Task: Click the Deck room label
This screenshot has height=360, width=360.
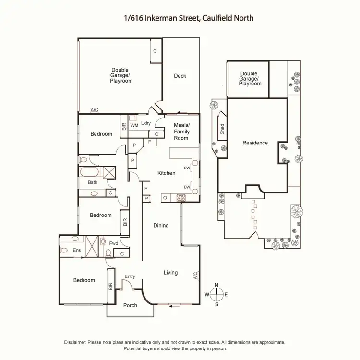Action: [x=180, y=76]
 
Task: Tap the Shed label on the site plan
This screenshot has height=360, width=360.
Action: [x=222, y=128]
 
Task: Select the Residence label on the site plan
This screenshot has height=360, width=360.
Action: [x=255, y=143]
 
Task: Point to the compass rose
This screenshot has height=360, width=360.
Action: [x=216, y=294]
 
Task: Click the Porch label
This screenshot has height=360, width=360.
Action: [x=130, y=305]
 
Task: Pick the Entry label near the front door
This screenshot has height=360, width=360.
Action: [x=130, y=276]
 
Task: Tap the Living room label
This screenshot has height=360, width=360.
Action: [x=170, y=273]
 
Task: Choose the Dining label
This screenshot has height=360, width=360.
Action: [x=161, y=225]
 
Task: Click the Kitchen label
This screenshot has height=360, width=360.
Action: [x=167, y=173]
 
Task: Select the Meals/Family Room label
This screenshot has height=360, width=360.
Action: [x=181, y=132]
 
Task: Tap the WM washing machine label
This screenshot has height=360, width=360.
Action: [x=134, y=125]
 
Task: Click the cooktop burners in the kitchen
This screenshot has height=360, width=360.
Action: [x=181, y=197]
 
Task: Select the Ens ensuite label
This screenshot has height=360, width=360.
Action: [x=76, y=250]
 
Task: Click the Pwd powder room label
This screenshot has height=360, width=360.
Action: [x=114, y=243]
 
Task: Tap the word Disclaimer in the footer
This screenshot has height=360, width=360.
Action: [x=75, y=342]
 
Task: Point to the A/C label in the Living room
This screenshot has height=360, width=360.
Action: [x=195, y=276]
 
